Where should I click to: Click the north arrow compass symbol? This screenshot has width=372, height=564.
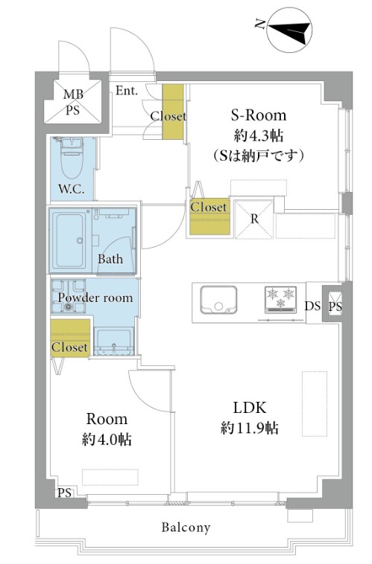(x=289, y=30)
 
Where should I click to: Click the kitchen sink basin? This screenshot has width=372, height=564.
(x=218, y=300)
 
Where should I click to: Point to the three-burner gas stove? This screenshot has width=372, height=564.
(x=281, y=299)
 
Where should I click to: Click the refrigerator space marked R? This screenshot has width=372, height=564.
(x=253, y=219)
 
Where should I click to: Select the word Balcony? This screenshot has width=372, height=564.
(x=186, y=528)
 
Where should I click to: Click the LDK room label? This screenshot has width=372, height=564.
(x=250, y=408)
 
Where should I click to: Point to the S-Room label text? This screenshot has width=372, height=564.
(x=259, y=115)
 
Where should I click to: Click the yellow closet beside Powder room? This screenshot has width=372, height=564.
(x=70, y=338)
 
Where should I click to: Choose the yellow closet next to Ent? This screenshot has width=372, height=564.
(x=173, y=112)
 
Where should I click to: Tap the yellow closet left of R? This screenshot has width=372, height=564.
(x=209, y=217)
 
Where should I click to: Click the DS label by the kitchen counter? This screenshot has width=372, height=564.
(x=312, y=305)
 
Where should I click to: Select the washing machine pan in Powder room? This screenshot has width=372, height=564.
(x=68, y=295)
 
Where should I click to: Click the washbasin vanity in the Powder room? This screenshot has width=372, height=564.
(x=113, y=341)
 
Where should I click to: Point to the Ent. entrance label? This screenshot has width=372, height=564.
(x=127, y=91)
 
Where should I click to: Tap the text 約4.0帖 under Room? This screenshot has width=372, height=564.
(x=107, y=439)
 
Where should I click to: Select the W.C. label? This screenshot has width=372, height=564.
(x=72, y=189)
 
